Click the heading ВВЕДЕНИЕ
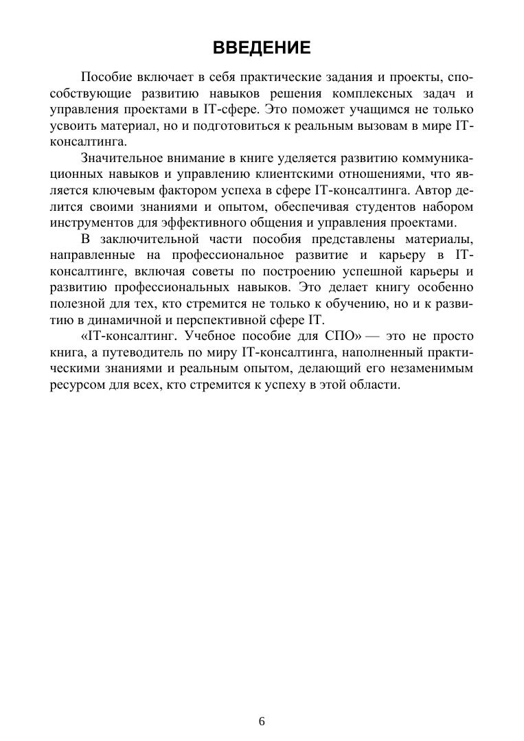coord(262,47)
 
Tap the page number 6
coord(262,721)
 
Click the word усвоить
coord(74,126)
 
